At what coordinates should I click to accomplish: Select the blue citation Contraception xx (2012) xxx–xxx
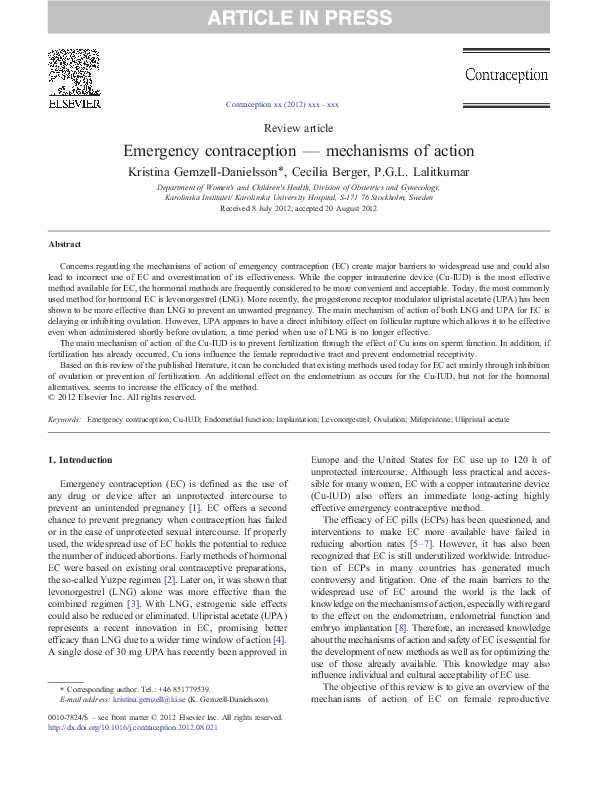283,104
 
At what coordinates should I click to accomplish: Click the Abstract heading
64,244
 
